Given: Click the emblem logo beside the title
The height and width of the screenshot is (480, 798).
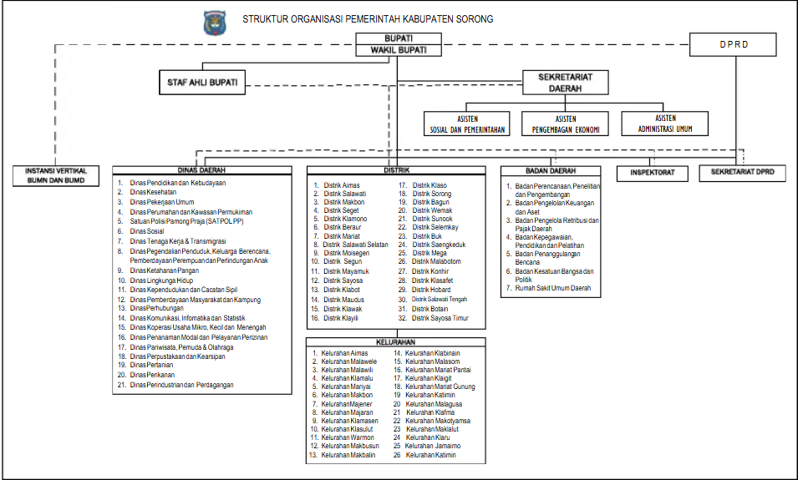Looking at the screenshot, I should [214, 23].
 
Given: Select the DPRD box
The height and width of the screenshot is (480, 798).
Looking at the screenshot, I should [735, 43].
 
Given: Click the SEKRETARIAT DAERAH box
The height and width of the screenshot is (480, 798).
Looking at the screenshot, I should [564, 82].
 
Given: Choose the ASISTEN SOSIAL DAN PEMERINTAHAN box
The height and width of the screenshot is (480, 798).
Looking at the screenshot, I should [466, 124].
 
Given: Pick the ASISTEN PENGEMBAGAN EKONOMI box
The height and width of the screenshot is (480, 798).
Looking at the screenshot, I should [565, 124].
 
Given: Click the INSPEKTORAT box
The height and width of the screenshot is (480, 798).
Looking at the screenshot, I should [652, 174].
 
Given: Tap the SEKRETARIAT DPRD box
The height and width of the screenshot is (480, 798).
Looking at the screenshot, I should [743, 173].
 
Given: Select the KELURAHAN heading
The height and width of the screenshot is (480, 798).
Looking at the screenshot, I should [395, 341].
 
